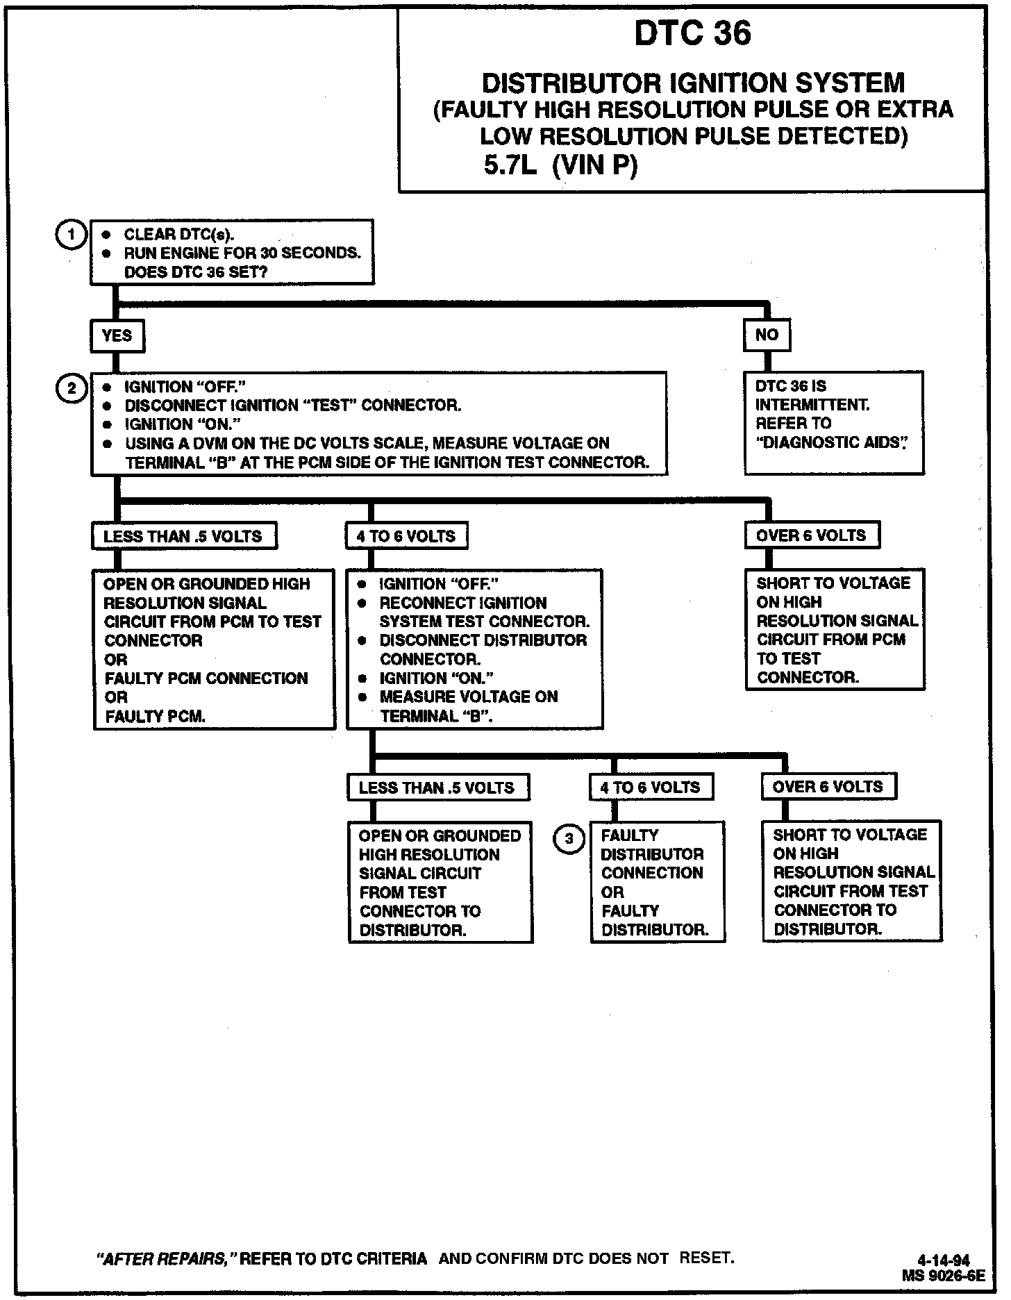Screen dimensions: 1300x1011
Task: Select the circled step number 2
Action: (72, 388)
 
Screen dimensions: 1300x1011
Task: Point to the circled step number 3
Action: (569, 839)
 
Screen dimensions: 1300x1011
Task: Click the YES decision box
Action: (117, 336)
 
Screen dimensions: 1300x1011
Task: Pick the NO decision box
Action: (767, 335)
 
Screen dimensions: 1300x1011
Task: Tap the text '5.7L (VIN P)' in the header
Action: (560, 166)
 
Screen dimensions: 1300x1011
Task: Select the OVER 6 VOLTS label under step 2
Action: (811, 535)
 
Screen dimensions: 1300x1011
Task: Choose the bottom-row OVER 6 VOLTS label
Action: (828, 787)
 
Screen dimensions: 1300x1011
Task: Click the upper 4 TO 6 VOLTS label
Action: (406, 536)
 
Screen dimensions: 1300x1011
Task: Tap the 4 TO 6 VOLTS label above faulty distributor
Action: (650, 787)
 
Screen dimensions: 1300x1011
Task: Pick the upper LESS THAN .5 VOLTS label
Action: (183, 536)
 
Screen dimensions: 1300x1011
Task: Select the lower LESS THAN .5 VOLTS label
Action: (437, 787)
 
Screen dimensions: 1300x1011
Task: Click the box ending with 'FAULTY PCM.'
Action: (214, 649)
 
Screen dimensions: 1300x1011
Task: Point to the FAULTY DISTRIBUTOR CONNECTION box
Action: (657, 882)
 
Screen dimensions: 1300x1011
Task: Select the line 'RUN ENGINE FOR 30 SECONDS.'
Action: (242, 253)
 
